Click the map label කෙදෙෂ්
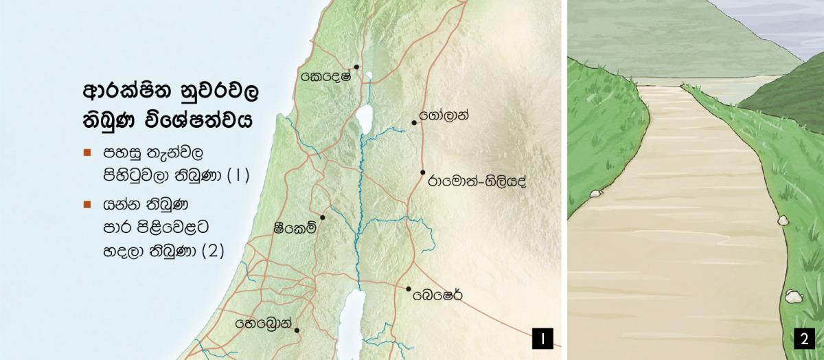coord(326,76)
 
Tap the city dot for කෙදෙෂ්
coord(357,67)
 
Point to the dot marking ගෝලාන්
coord(414,123)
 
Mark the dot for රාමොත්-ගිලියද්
coord(423,172)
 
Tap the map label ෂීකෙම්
coord(295,229)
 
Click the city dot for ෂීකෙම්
coord(323,217)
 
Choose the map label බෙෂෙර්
coord(437,297)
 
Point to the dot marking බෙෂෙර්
coord(409,289)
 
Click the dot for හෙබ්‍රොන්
coord(297,330)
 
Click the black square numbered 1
coord(542,339)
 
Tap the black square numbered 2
coord(803,339)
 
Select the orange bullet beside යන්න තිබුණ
coord(87,204)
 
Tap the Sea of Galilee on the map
coord(363,117)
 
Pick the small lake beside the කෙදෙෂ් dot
coord(369,76)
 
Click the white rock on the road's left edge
coord(595,194)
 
